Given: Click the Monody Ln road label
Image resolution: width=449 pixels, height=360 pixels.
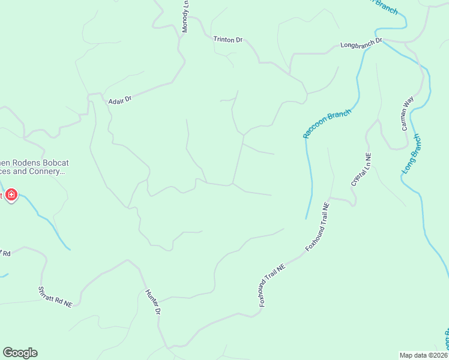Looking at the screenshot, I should click(186, 16).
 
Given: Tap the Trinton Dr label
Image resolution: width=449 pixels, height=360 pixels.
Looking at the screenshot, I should click(228, 40).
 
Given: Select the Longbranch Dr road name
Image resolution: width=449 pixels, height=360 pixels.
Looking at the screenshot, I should click(361, 44).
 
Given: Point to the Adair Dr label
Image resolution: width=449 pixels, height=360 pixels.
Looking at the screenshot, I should click(119, 100).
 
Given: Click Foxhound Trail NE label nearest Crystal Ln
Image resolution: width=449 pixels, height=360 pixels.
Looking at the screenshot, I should click(318, 226).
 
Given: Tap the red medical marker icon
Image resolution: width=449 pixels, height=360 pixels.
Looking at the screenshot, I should click(11, 196).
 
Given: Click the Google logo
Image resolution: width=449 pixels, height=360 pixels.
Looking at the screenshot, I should click(20, 353).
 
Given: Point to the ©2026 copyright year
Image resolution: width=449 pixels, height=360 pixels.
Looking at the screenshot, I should click(438, 355).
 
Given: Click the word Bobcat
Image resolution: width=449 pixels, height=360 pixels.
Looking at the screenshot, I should click(49, 161).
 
